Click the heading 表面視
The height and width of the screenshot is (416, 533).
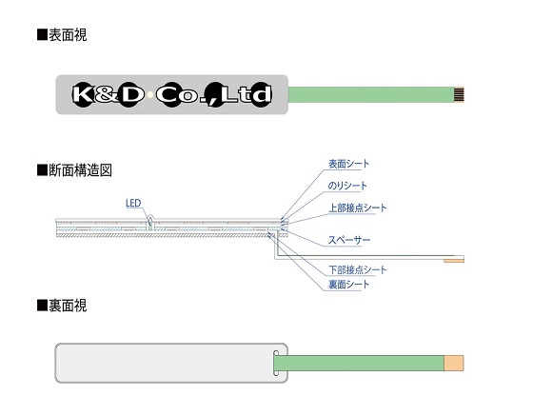pyautogui.click(x=68, y=35)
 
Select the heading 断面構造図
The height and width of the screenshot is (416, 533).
pyautogui.click(x=80, y=170)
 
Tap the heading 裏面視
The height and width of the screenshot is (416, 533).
pyautogui.click(x=68, y=306)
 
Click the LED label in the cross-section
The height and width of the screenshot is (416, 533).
pyautogui.click(x=133, y=204)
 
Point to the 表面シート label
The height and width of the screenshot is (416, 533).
pyautogui.click(x=348, y=164)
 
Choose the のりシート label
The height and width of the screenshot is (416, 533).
pyautogui.click(x=347, y=186)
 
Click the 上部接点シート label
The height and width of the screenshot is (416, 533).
pyautogui.click(x=358, y=208)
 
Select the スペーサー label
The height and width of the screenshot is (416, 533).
pyautogui.click(x=349, y=240)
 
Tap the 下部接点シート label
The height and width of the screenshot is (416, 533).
pyautogui.click(x=358, y=269)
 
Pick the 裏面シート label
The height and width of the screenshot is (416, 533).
pyautogui.click(x=348, y=284)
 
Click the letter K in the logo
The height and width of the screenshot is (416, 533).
pyautogui.click(x=83, y=94)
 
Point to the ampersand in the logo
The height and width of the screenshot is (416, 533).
pyautogui.click(x=106, y=95)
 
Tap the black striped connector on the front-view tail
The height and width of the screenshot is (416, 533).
pyautogui.click(x=459, y=95)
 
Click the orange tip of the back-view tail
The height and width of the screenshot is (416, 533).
pyautogui.click(x=454, y=363)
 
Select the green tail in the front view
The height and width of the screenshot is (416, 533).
pyautogui.click(x=371, y=95)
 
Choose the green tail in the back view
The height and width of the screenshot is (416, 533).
pyautogui.click(x=360, y=363)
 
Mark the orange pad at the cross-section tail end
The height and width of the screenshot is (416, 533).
pyautogui.click(x=454, y=261)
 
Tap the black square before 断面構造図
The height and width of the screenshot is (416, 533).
pyautogui.click(x=42, y=170)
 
